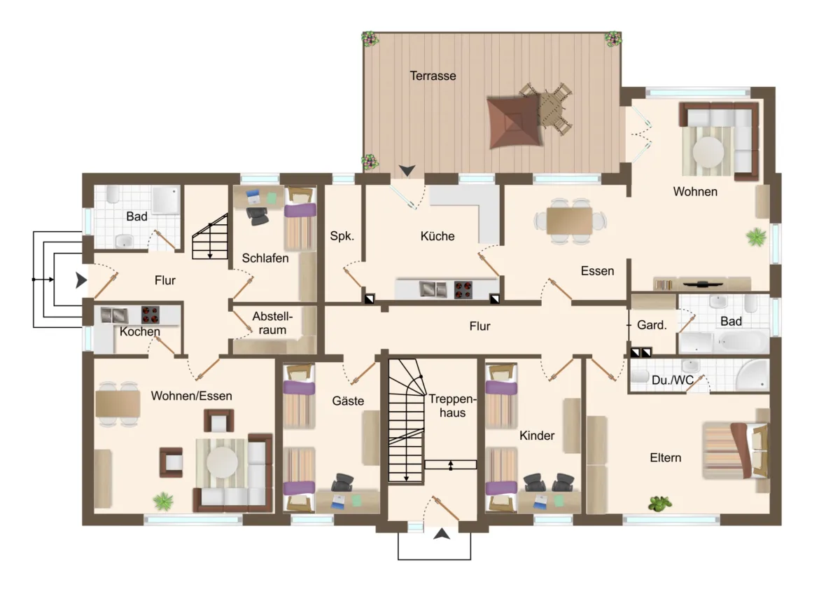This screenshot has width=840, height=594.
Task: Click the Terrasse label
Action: click(x=433, y=76)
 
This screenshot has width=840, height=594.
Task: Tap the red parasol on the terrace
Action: click(x=514, y=122)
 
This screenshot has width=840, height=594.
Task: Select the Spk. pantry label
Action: click(x=342, y=236)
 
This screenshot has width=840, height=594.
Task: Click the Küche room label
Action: click(x=437, y=236)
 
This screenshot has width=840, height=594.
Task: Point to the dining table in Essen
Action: click(x=569, y=221)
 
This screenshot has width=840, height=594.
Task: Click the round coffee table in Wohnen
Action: click(x=708, y=152)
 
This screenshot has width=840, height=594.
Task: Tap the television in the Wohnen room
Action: click(x=703, y=284)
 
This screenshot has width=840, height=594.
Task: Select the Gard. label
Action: click(x=652, y=325)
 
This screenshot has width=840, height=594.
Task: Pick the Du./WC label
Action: click(x=673, y=380)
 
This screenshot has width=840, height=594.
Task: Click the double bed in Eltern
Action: click(x=735, y=450)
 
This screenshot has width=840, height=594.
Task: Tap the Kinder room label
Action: click(x=537, y=436)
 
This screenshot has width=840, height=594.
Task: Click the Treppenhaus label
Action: click(x=452, y=406)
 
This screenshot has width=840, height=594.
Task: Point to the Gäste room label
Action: click(x=348, y=401)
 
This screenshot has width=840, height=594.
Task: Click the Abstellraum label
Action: click(x=272, y=323)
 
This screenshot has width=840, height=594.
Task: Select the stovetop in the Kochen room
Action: click(x=150, y=315)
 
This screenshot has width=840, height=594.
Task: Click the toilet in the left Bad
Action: click(x=113, y=194)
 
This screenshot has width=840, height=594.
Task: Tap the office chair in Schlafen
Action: click(x=258, y=216)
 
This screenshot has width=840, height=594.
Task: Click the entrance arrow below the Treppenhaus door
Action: click(x=442, y=534)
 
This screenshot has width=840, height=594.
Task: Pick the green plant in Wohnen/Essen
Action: click(x=164, y=502)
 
